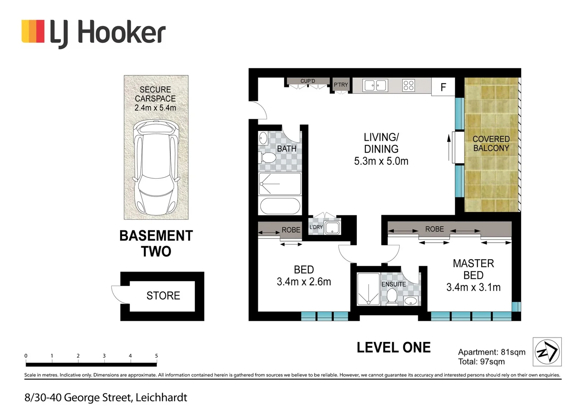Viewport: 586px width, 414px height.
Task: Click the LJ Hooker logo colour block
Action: tap(33, 31)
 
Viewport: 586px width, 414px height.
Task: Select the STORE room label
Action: tap(163, 296)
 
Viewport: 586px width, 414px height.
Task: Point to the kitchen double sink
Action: tap(375, 85)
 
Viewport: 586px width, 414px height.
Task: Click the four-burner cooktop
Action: tap(408, 85)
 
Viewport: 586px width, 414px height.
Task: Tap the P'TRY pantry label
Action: tap(341, 85)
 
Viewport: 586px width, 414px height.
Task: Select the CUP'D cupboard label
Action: tap(308, 81)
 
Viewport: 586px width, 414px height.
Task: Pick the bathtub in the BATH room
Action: tap(280, 206)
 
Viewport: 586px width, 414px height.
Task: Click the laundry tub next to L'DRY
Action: tap(332, 227)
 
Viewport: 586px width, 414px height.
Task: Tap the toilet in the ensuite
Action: tap(392, 296)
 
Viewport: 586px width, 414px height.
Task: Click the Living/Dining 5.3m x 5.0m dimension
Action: tap(381, 161)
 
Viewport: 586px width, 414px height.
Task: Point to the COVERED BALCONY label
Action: tap(491, 144)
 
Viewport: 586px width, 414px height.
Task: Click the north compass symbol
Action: tap(547, 352)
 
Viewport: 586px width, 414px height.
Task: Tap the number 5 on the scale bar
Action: tap(156, 356)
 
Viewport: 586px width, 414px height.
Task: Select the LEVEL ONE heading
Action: tap(393, 348)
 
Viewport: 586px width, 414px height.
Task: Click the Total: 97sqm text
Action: tap(481, 361)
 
